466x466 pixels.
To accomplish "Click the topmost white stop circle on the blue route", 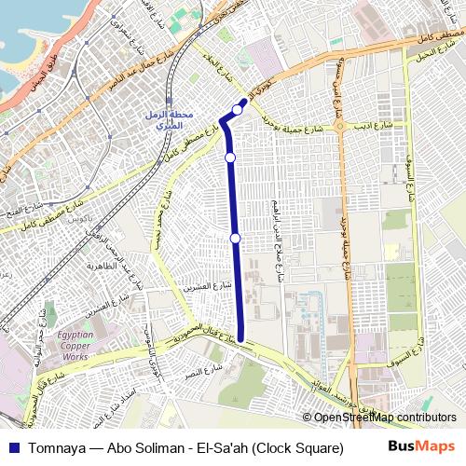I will tap(238, 110).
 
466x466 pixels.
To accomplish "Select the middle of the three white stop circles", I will tap(229, 158).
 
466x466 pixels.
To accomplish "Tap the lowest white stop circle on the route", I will tap(235, 240).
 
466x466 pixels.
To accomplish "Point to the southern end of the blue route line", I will tap(241, 339).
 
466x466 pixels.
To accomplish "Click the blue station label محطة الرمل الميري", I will tap(171, 118).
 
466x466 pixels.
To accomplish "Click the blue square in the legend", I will tap(10, 449).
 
